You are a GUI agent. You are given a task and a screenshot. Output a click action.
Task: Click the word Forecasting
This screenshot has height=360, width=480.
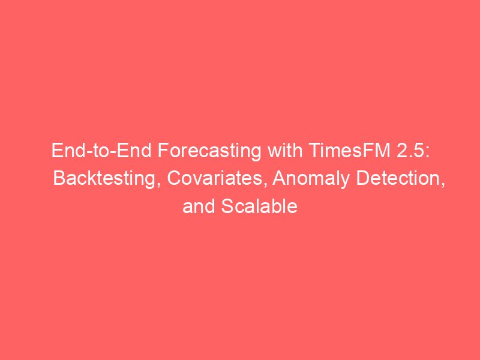click(209, 151)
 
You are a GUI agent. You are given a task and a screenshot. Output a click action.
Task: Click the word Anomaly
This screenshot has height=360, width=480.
click(311, 179)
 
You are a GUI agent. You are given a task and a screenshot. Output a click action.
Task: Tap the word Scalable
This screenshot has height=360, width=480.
click(259, 206)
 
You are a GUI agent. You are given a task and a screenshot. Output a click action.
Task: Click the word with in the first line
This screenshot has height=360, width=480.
click(284, 150)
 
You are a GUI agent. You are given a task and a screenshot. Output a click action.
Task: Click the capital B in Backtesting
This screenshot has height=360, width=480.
click(59, 178)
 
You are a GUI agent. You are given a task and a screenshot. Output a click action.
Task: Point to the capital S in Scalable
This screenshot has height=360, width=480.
click(227, 206)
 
